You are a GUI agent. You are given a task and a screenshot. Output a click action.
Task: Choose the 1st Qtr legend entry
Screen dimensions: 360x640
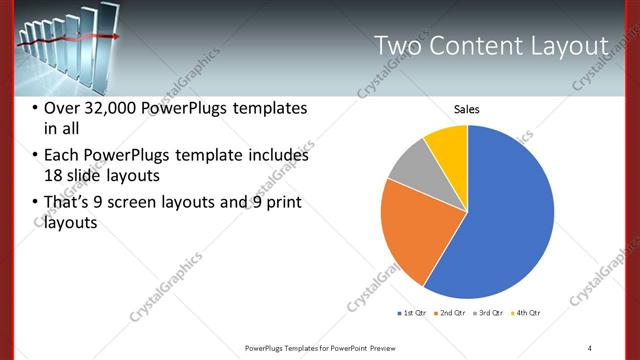[412, 314]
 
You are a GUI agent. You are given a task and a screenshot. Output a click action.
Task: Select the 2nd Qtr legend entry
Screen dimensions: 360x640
[450, 314]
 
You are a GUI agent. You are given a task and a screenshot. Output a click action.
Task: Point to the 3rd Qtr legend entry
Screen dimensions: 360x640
[488, 314]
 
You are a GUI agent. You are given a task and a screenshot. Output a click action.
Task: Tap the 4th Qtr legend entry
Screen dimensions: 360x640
[526, 314]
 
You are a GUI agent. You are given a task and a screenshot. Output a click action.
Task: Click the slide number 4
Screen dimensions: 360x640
[590, 347]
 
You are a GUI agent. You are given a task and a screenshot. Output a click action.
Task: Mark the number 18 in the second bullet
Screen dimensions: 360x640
[54, 176]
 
